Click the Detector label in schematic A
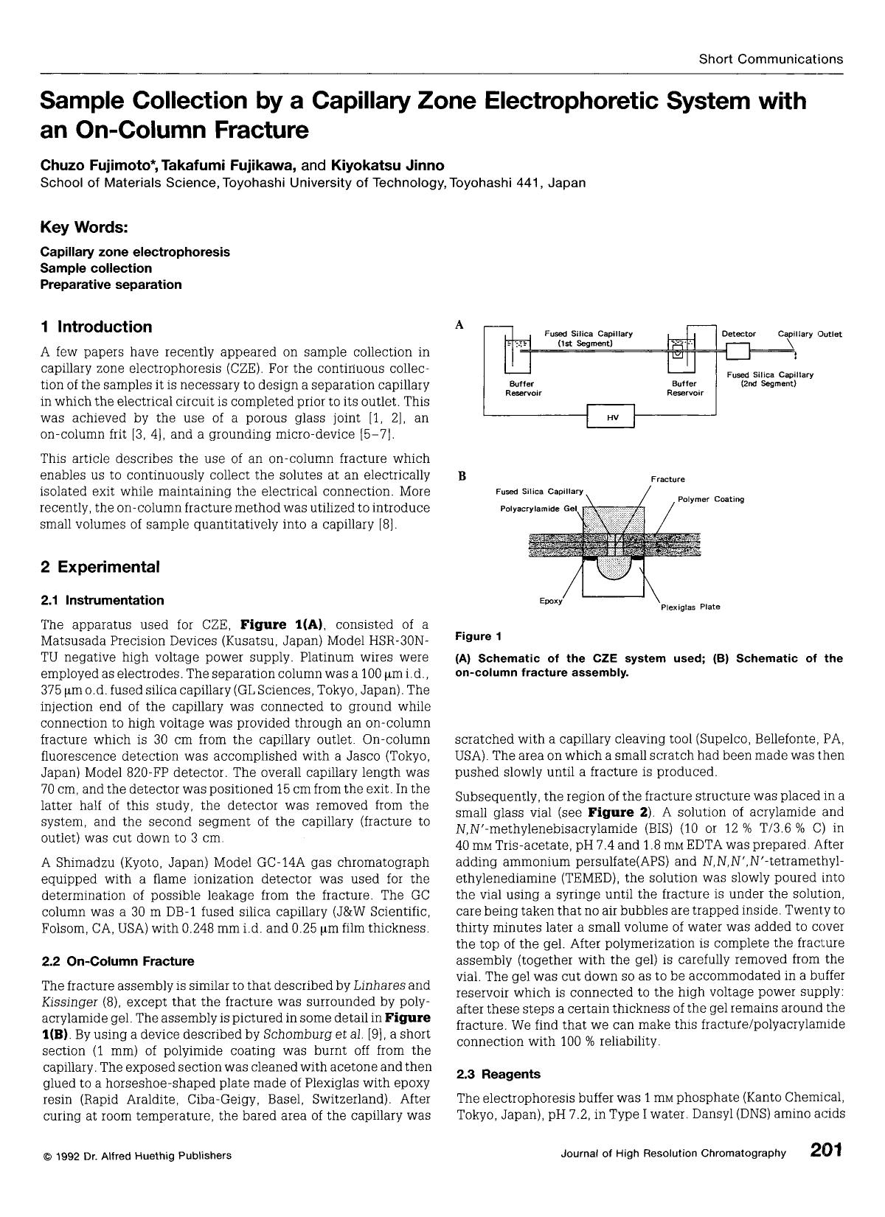coord(738,334)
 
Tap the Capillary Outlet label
coord(810,334)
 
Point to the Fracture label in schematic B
coord(667,479)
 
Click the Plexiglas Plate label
coord(690,607)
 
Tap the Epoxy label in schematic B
coord(551,601)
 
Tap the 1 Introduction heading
coord(96,327)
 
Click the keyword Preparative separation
coord(111,285)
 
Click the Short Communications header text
coord(771,59)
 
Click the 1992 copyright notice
coord(136,1155)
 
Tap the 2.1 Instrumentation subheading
coord(103,600)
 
